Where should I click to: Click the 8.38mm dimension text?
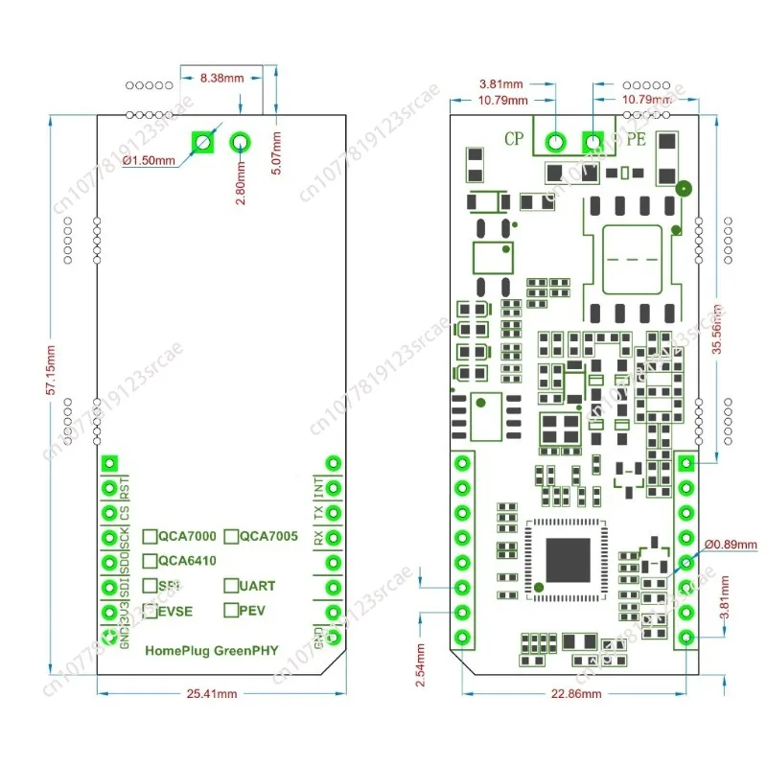click(x=221, y=79)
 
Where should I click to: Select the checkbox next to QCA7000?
click(x=151, y=537)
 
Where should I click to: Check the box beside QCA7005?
click(x=231, y=537)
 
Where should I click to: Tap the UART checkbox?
click(x=231, y=585)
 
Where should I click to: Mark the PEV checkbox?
click(x=231, y=609)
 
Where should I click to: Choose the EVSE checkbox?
click(x=151, y=609)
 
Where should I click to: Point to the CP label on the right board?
click(x=515, y=138)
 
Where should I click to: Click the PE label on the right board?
click(x=636, y=139)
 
